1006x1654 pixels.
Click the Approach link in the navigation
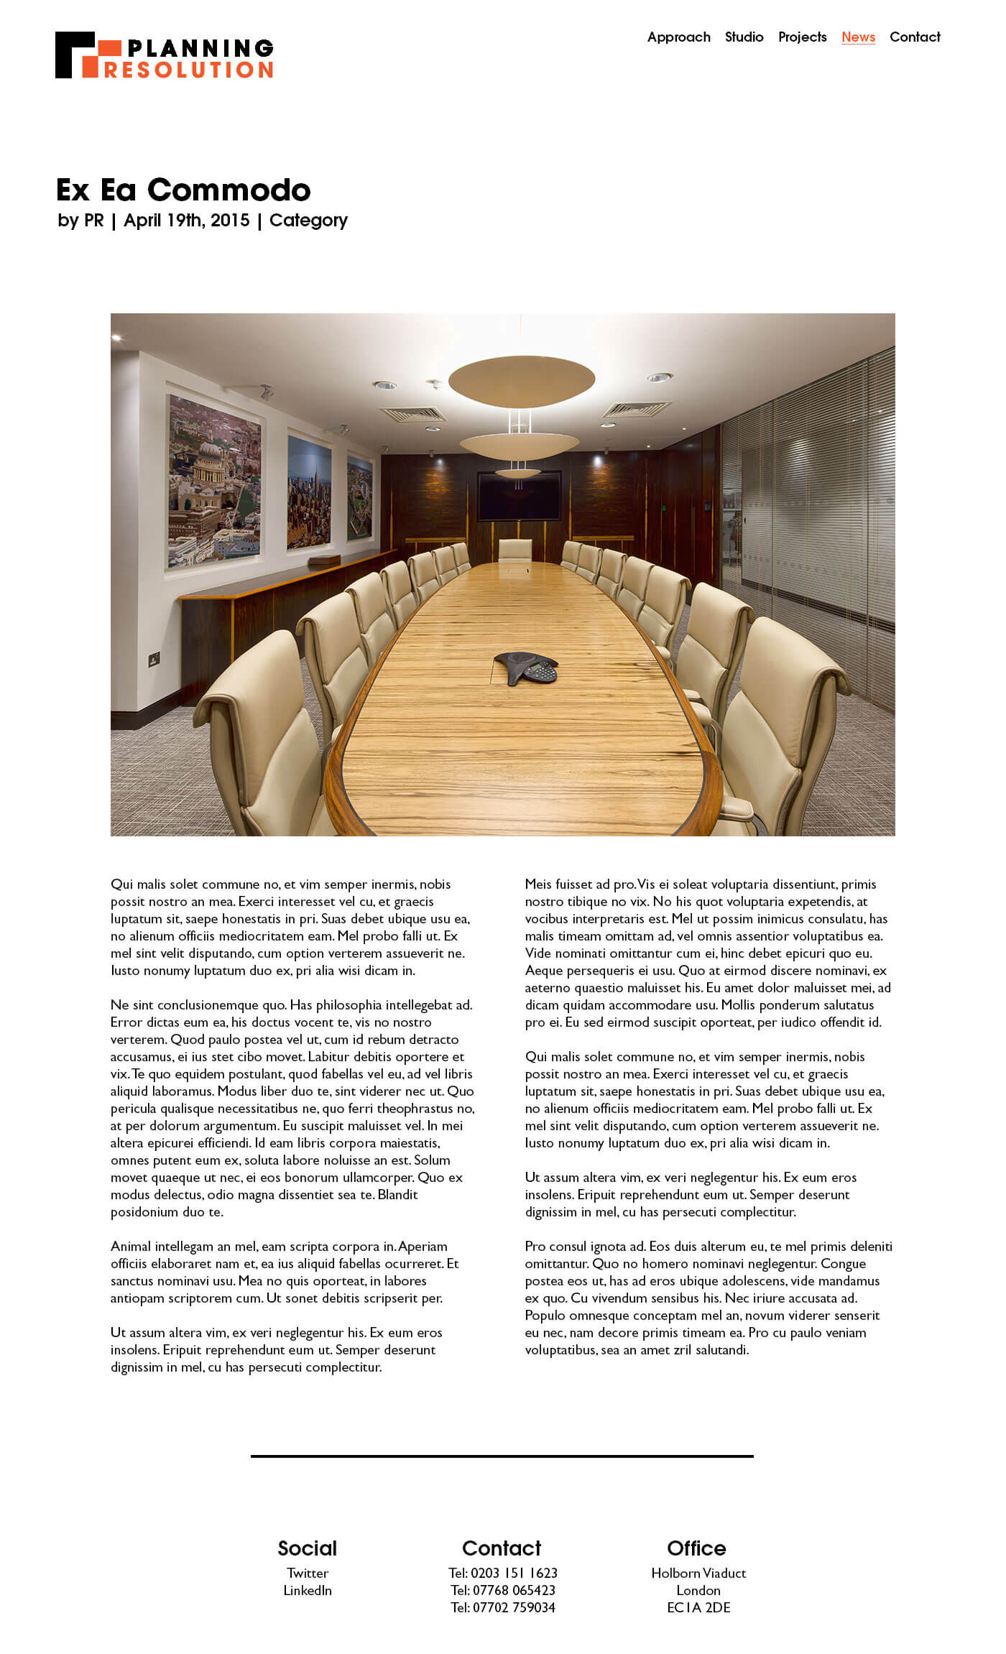pyautogui.click(x=678, y=37)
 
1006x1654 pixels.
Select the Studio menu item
pyautogui.click(x=744, y=37)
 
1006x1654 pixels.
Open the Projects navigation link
pyautogui.click(x=802, y=37)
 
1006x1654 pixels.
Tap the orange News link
pyautogui.click(x=858, y=37)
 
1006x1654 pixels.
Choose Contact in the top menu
pyautogui.click(x=915, y=37)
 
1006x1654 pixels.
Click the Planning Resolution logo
pyautogui.click(x=164, y=55)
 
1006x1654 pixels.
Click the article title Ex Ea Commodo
pyautogui.click(x=183, y=190)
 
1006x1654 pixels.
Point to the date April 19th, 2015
pyautogui.click(x=186, y=220)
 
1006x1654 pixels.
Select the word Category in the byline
pyautogui.click(x=308, y=220)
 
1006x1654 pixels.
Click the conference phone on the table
pyautogui.click(x=527, y=667)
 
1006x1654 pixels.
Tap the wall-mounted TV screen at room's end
pyautogui.click(x=519, y=495)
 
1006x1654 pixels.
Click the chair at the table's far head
pyautogui.click(x=514, y=549)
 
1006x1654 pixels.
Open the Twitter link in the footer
pyautogui.click(x=308, y=1573)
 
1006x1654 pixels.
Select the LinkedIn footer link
pyautogui.click(x=308, y=1590)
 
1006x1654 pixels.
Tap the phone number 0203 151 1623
pyautogui.click(x=513, y=1573)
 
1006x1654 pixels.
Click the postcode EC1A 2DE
pyautogui.click(x=698, y=1607)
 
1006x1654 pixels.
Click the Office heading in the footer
pyautogui.click(x=696, y=1548)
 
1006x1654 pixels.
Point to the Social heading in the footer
pyautogui.click(x=307, y=1548)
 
